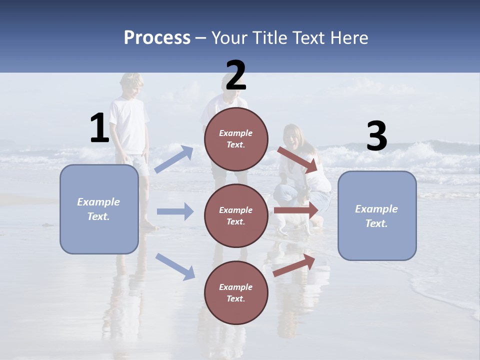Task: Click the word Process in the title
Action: pyautogui.click(x=157, y=38)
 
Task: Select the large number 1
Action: pyautogui.click(x=99, y=128)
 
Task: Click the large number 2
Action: pyautogui.click(x=236, y=75)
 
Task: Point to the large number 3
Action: pyautogui.click(x=376, y=136)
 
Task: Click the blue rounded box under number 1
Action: pyautogui.click(x=99, y=209)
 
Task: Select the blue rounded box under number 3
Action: pyautogui.click(x=377, y=216)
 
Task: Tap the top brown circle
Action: pyautogui.click(x=236, y=138)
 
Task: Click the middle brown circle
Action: pyautogui.click(x=236, y=215)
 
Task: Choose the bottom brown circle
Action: pyautogui.click(x=236, y=292)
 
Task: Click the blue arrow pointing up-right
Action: pyautogui.click(x=173, y=159)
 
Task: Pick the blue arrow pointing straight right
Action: pyautogui.click(x=175, y=211)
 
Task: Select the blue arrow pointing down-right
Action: pyautogui.click(x=175, y=266)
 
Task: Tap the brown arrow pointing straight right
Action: pyautogui.click(x=296, y=210)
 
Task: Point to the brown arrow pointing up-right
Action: pyautogui.click(x=294, y=265)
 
